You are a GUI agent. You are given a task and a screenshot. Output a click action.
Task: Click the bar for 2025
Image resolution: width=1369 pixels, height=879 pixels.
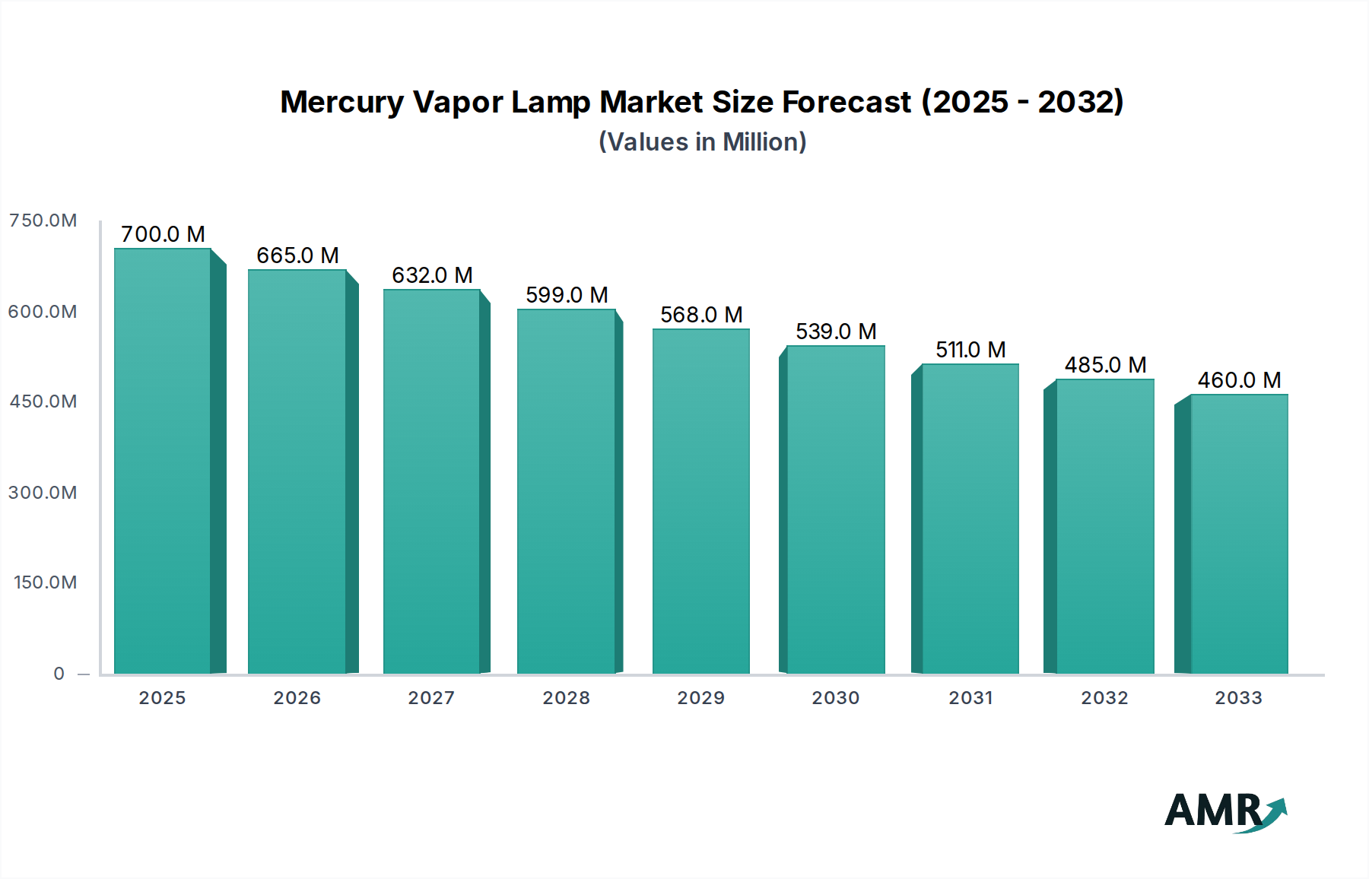[162, 461]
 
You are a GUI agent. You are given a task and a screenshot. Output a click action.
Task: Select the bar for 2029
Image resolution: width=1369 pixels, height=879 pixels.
[700, 501]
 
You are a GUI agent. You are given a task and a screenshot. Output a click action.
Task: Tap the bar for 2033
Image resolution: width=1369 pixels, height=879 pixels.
[1239, 534]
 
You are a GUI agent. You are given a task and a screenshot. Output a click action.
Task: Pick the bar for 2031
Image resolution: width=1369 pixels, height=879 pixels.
[970, 519]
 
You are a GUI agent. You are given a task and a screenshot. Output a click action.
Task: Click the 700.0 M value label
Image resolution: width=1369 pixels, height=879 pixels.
[163, 234]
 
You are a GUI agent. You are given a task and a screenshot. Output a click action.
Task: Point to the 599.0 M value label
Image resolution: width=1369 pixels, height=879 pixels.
[567, 295]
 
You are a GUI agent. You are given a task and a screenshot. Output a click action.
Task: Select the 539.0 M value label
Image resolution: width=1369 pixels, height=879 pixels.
[836, 332]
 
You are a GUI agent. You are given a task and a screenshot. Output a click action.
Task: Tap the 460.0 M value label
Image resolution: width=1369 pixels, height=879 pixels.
[1239, 380]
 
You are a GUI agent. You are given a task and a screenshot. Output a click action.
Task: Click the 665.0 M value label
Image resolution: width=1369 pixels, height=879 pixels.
[297, 255]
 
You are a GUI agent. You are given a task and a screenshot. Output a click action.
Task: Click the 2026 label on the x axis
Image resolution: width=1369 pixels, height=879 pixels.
[297, 698]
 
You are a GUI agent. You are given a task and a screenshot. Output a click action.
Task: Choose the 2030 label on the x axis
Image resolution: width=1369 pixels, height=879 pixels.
[836, 698]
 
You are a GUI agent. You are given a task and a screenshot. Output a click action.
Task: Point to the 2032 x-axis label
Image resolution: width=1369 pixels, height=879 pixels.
[1104, 698]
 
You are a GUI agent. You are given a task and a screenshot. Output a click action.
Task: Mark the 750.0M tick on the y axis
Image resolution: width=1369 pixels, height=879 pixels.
[43, 221]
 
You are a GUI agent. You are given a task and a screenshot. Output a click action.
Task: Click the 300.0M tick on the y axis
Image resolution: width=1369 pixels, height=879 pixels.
[43, 493]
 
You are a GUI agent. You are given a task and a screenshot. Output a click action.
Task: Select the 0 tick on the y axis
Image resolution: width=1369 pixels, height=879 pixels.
[59, 674]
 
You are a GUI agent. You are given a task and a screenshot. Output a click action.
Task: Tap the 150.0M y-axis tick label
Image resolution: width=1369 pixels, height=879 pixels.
[46, 582]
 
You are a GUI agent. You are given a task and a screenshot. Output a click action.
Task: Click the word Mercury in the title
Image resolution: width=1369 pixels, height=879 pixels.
[341, 103]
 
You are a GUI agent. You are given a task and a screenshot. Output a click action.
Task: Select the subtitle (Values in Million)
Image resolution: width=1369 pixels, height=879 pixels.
[702, 142]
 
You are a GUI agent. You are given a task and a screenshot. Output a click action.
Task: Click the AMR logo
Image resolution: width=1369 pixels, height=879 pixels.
[1224, 811]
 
